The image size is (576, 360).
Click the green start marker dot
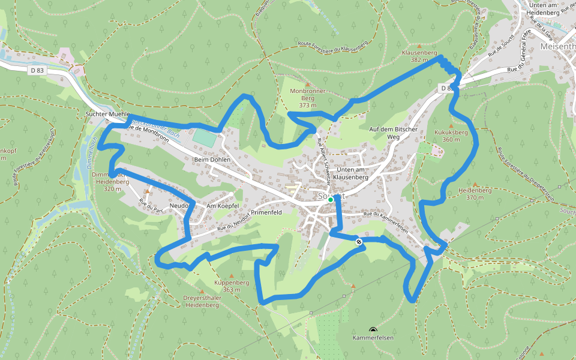coord(331,200)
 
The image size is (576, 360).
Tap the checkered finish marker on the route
coord(359,242)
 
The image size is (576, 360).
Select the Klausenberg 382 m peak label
coord(419,56)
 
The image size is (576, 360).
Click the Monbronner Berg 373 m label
coord(307,98)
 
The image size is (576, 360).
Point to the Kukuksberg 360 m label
coord(446,135)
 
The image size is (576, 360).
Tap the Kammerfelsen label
coord(373,338)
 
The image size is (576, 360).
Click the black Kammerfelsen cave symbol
coord(373,330)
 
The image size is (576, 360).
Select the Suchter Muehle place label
coord(108,113)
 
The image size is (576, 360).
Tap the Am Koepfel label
coord(223,206)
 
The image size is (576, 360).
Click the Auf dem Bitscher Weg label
coord(384,133)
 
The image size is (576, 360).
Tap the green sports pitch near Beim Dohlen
coord(204,138)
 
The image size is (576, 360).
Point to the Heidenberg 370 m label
coord(470,193)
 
